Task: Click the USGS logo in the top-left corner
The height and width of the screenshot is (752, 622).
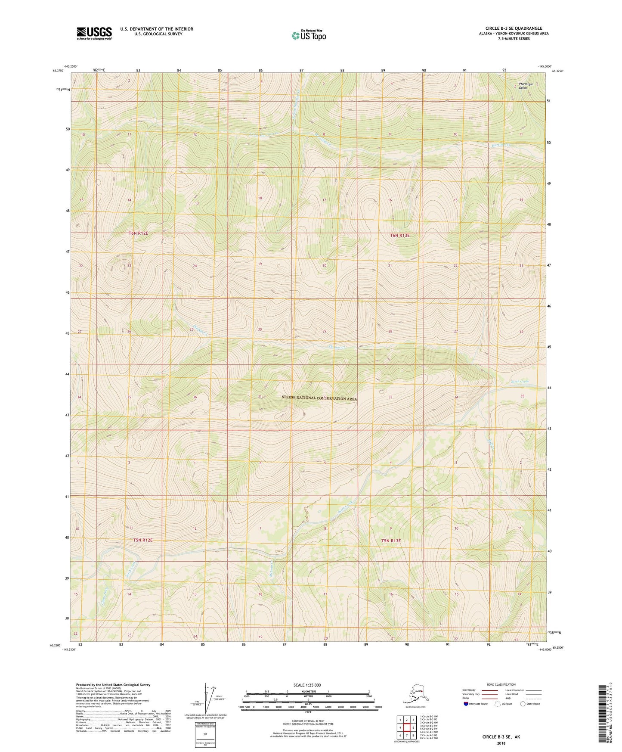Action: pyautogui.click(x=94, y=33)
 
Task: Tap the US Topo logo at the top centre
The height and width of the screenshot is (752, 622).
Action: pyautogui.click(x=308, y=35)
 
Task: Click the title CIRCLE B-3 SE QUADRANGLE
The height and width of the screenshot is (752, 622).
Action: pyautogui.click(x=514, y=28)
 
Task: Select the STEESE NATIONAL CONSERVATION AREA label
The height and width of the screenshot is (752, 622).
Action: pyautogui.click(x=319, y=398)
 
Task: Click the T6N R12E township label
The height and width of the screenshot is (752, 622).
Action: pyautogui.click(x=138, y=233)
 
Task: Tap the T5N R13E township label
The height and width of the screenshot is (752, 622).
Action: pyautogui.click(x=390, y=541)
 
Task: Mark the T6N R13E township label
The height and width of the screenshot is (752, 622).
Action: pyautogui.click(x=399, y=236)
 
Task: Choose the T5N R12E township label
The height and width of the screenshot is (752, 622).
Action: pyautogui.click(x=142, y=540)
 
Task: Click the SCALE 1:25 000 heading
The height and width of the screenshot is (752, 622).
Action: pyautogui.click(x=307, y=685)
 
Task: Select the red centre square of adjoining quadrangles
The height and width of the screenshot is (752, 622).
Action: pyautogui.click(x=406, y=728)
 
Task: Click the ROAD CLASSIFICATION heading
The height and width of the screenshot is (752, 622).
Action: pyautogui.click(x=501, y=684)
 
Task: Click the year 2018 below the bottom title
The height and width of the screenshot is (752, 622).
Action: pyautogui.click(x=501, y=743)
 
